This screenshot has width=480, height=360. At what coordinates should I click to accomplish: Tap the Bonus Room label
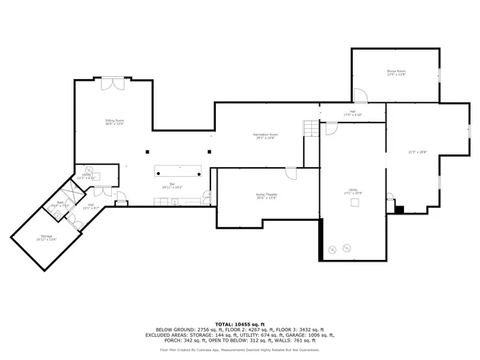coord(397,72)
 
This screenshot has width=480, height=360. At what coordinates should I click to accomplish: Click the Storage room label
coord(47,236)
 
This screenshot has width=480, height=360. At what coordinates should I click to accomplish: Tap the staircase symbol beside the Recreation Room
coord(310,128)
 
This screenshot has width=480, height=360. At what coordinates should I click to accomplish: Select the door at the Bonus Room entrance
coord(361,97)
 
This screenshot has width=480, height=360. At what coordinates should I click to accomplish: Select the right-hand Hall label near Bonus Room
coord(352,111)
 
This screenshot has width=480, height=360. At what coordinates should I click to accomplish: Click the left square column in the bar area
coord(147,152)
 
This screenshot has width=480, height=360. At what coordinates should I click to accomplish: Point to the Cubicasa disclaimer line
coord(240,350)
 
